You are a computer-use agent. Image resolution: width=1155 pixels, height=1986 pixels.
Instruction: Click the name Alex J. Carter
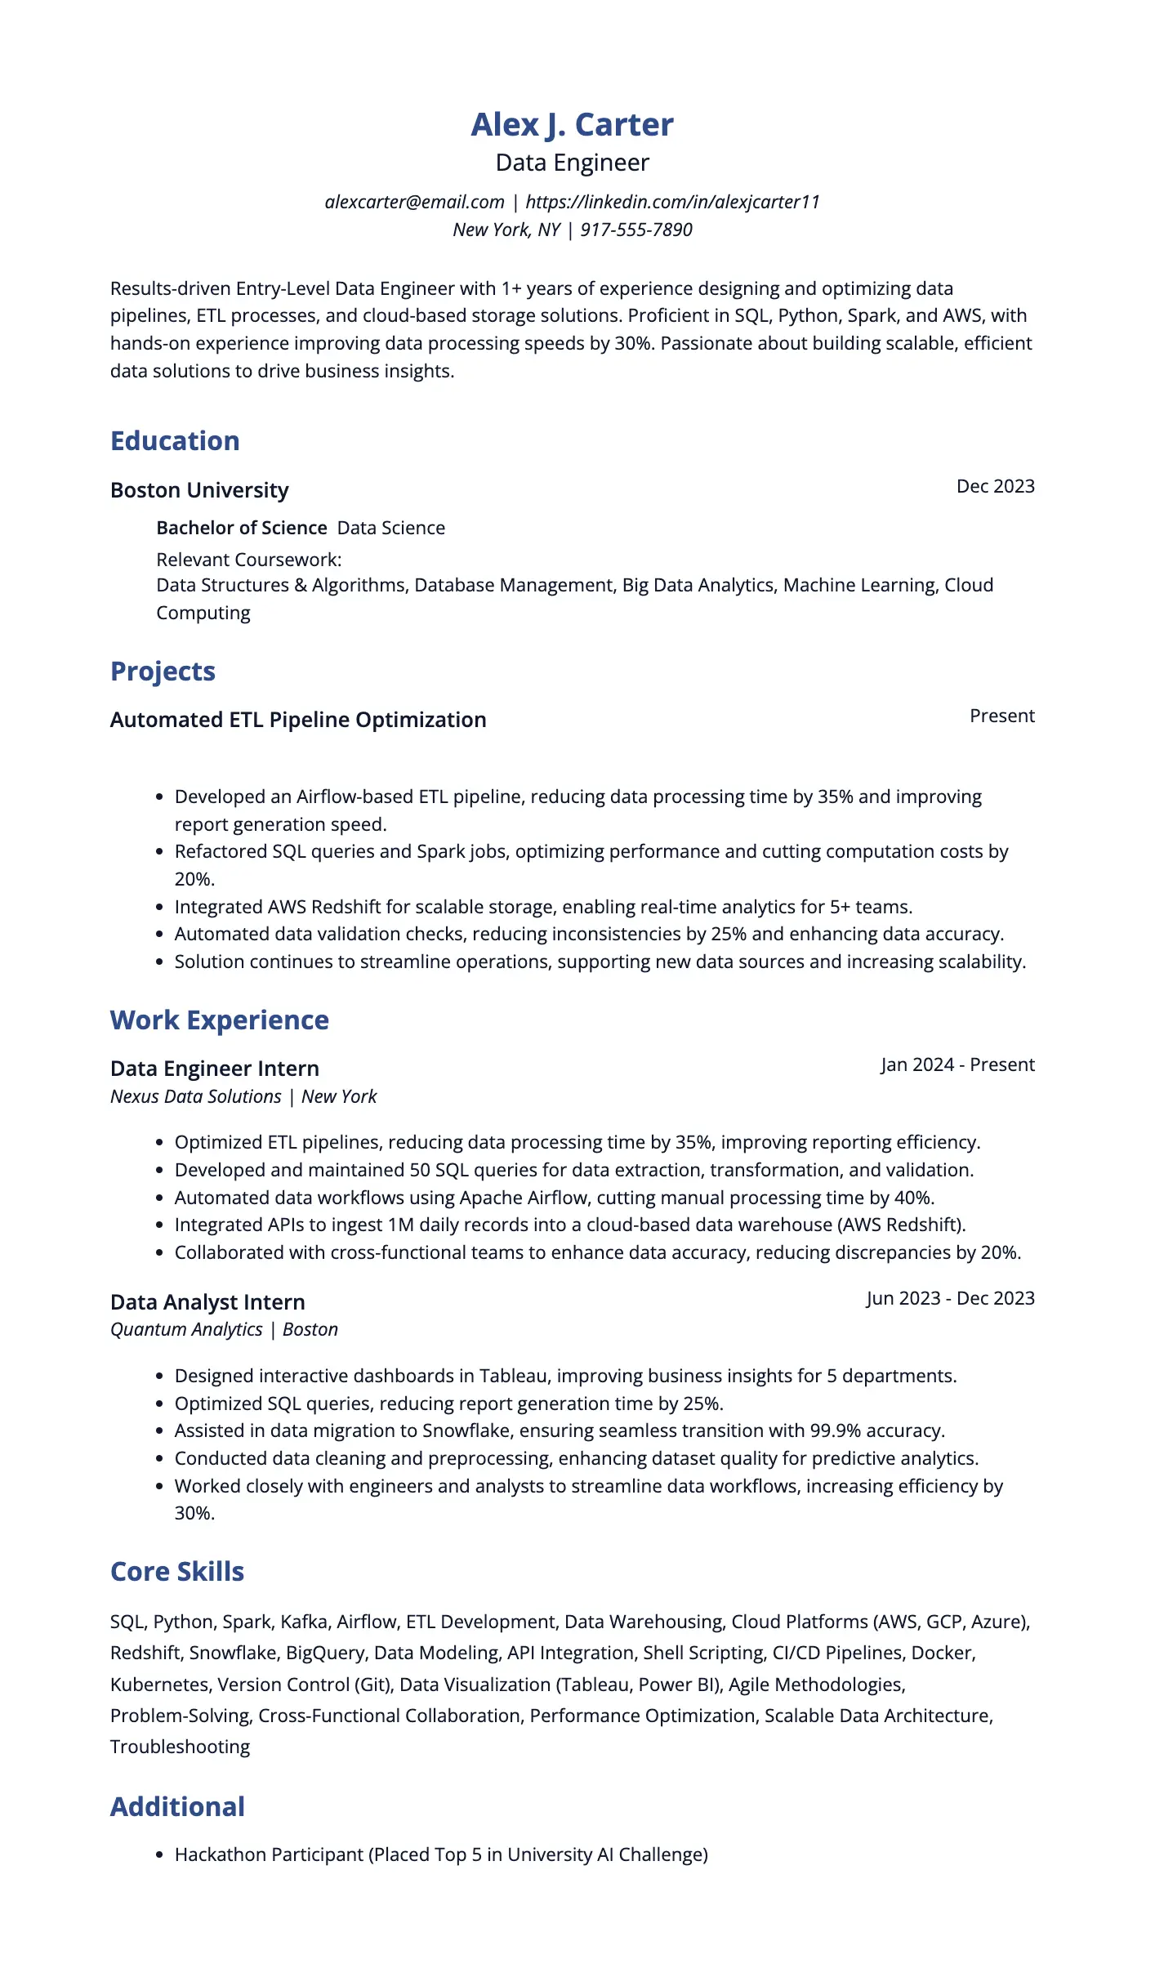(572, 125)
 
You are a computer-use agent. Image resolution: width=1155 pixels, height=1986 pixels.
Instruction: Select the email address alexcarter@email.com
(414, 202)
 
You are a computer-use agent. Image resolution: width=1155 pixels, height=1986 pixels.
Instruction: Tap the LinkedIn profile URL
(672, 202)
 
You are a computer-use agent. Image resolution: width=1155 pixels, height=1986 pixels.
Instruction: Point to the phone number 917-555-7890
(635, 230)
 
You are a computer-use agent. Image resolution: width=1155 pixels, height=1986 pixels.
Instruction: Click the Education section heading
(175, 441)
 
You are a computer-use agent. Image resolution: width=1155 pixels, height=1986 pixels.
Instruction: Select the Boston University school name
(199, 490)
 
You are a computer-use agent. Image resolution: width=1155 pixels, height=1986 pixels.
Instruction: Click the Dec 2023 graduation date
(995, 486)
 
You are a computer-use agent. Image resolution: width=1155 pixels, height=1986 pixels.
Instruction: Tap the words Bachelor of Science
(241, 528)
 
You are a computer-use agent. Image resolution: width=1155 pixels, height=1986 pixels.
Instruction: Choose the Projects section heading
(163, 672)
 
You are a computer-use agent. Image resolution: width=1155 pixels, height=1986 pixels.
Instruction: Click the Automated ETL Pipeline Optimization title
(298, 720)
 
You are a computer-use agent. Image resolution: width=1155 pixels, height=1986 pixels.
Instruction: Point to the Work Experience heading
(219, 1020)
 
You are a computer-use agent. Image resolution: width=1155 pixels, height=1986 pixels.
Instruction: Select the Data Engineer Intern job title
(214, 1069)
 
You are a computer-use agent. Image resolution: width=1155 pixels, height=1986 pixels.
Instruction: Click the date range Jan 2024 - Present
(957, 1064)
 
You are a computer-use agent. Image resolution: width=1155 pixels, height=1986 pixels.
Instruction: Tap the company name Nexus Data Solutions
(195, 1096)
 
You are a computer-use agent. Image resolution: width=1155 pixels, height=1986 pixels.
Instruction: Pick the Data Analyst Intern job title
(207, 1302)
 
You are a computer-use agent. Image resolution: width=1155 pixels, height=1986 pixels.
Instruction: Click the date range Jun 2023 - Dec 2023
(950, 1298)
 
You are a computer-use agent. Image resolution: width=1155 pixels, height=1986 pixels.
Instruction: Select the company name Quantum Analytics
(186, 1329)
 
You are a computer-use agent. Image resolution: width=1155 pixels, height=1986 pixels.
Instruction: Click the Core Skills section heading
(177, 1572)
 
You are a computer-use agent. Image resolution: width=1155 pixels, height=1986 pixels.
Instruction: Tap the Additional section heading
(177, 1806)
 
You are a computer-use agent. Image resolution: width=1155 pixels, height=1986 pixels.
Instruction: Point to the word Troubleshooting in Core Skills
(180, 1747)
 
